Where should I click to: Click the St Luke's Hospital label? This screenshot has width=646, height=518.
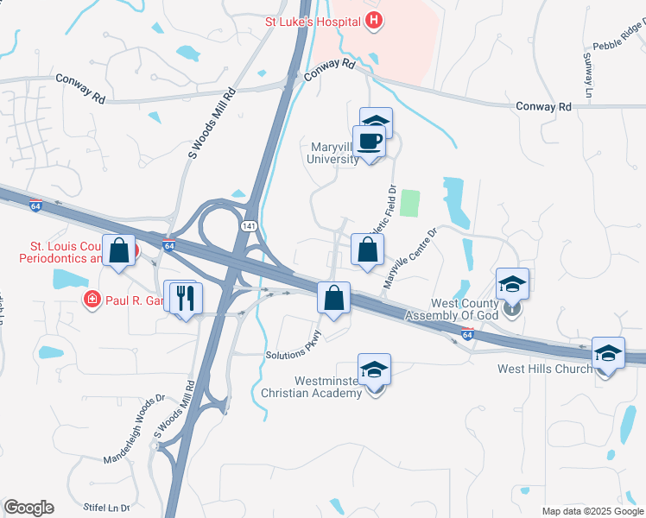(x=312, y=21)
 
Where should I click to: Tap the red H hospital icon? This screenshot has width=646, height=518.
(x=374, y=21)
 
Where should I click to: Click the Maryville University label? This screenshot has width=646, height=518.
(x=333, y=153)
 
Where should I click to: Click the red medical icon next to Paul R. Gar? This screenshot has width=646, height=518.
(x=91, y=300)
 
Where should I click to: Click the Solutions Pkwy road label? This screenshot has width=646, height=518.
(x=294, y=347)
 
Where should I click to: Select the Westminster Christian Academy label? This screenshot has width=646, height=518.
(x=316, y=387)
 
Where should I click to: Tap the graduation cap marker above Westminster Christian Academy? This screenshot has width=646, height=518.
(x=374, y=370)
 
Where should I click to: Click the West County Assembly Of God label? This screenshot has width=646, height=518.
(x=466, y=309)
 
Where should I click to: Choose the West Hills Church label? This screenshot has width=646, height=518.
(x=544, y=369)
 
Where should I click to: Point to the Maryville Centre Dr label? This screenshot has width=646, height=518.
(x=411, y=257)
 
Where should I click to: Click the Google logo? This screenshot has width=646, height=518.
(x=29, y=508)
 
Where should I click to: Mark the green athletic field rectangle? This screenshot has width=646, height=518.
(x=409, y=204)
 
